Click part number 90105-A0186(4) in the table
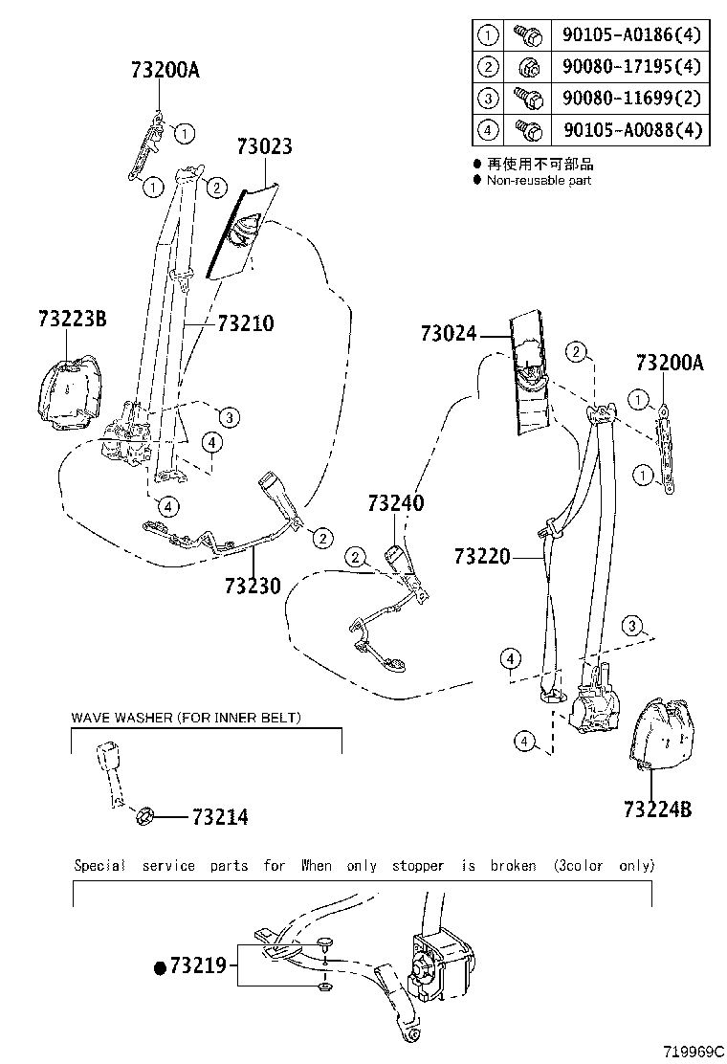click(x=632, y=35)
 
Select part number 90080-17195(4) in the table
click(x=632, y=66)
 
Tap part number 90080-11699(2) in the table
click(x=632, y=97)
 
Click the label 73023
click(x=264, y=146)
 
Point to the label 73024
click(x=448, y=334)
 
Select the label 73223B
click(x=73, y=318)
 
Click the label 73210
click(x=245, y=324)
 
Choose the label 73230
click(x=253, y=585)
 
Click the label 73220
click(x=483, y=556)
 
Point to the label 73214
click(x=220, y=817)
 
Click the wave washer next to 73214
click(x=146, y=816)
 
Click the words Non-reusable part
click(x=539, y=180)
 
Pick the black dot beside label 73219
click(x=160, y=967)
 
